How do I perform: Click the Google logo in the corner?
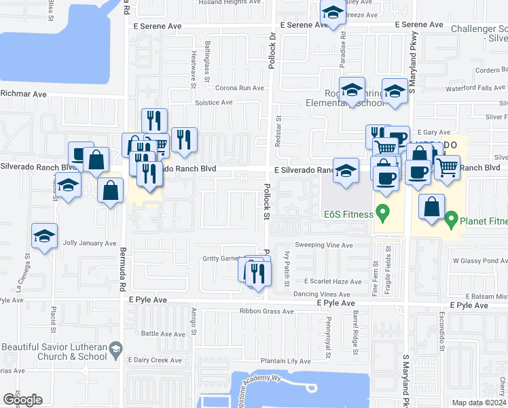[x=22, y=400]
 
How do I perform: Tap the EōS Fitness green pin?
[x=382, y=214]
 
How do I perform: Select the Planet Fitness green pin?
[x=451, y=220]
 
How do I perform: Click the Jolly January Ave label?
[x=90, y=243]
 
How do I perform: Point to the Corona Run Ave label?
[x=239, y=88]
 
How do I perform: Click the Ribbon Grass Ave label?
[x=266, y=311]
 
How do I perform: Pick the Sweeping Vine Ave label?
[x=324, y=245]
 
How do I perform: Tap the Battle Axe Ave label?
[x=159, y=334]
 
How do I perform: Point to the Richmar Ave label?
[x=23, y=94]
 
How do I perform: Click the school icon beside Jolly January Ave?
[x=44, y=236]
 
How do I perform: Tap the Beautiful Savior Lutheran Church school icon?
[x=115, y=350]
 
